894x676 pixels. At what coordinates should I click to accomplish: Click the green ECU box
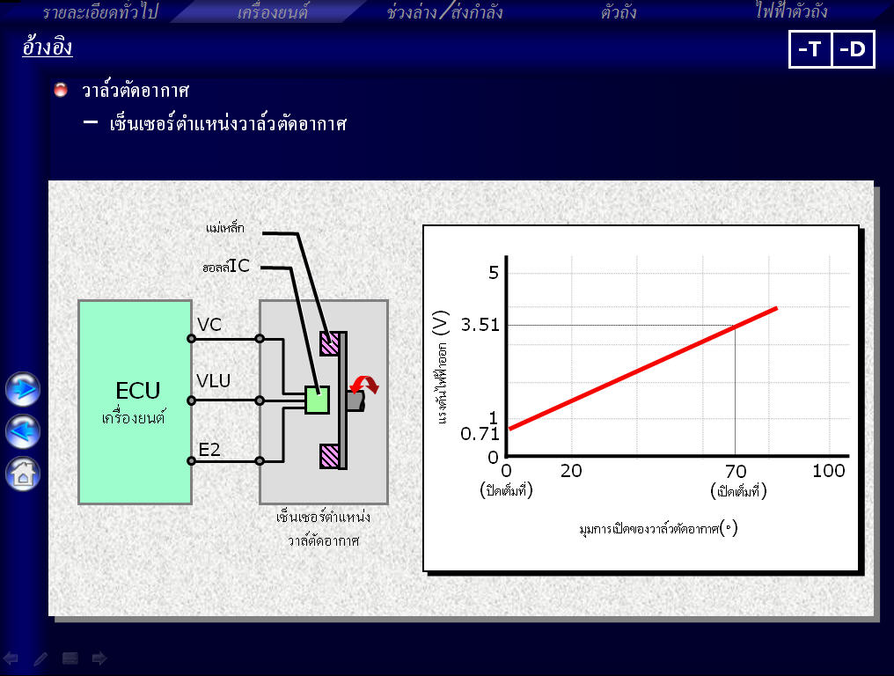[136, 402]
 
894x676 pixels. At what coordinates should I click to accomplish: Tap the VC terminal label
[209, 325]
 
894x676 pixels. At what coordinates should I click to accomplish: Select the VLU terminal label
[213, 380]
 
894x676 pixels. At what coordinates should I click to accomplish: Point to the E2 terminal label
[209, 450]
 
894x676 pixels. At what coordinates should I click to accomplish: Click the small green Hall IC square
[317, 400]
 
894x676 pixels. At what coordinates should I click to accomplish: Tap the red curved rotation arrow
[364, 385]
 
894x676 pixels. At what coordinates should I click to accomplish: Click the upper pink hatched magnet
[330, 343]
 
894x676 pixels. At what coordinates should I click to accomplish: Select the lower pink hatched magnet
[330, 456]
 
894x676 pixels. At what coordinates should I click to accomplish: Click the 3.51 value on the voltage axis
[480, 325]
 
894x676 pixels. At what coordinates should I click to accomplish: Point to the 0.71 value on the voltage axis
[480, 434]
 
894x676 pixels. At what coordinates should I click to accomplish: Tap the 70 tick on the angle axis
[736, 471]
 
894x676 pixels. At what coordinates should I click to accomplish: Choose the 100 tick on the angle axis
[828, 471]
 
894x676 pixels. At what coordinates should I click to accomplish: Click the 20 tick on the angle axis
[571, 471]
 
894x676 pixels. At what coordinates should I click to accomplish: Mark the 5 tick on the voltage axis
[494, 273]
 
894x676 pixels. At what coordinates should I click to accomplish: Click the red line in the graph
[643, 369]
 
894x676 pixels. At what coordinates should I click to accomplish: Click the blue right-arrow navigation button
[23, 389]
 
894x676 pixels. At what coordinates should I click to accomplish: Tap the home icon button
[23, 474]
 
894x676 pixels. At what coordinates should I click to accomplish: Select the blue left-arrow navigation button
[23, 431]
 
